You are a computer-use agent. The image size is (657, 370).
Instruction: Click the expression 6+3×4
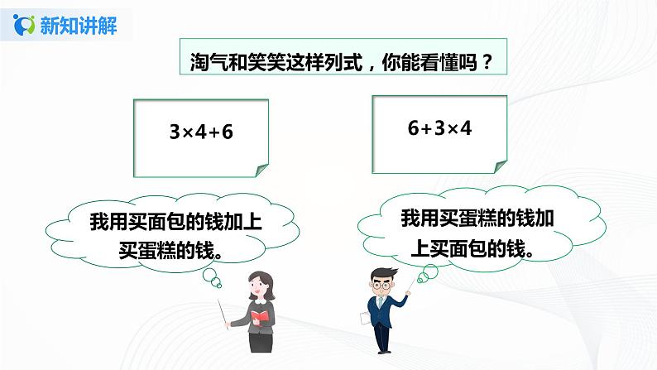(439, 128)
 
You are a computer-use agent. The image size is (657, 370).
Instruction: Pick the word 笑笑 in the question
(256, 64)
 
